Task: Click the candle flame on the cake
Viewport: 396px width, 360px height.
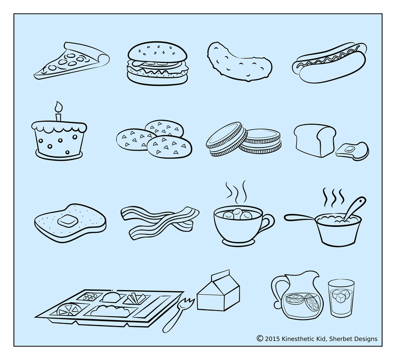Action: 58,106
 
